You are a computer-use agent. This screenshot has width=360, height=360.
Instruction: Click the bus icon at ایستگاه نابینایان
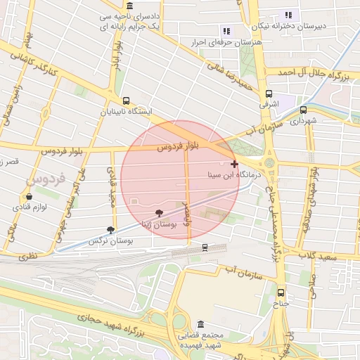click(x=126, y=101)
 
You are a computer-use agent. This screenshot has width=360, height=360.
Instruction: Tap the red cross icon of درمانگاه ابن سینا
click(x=234, y=163)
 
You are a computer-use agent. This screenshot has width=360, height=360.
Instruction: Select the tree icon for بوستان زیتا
click(x=159, y=213)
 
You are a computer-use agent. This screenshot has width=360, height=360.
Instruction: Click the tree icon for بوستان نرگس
click(x=110, y=229)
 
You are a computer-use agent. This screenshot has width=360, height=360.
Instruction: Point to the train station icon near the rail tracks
click(x=205, y=247)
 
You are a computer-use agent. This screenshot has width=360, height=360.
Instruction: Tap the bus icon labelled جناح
click(x=281, y=292)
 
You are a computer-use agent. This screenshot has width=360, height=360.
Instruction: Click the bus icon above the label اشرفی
click(x=269, y=94)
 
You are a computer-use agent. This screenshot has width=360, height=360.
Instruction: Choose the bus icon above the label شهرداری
click(x=303, y=110)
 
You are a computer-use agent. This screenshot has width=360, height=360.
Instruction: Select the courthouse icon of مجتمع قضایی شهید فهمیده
click(x=201, y=326)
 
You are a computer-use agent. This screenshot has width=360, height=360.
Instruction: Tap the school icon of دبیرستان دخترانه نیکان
click(x=288, y=15)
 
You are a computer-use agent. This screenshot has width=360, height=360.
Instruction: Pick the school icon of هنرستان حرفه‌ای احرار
click(x=226, y=31)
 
